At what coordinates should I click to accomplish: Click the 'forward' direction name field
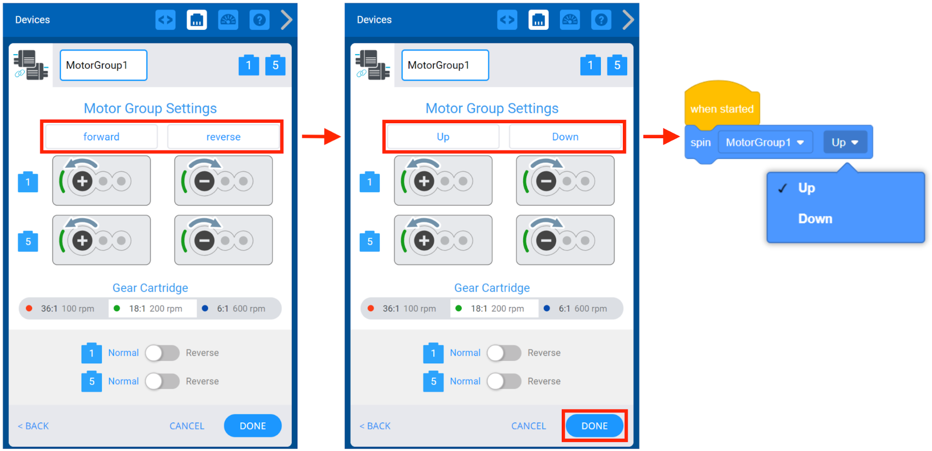click(101, 137)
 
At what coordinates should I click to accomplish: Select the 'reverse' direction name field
click(223, 137)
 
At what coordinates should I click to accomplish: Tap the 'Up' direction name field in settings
click(443, 137)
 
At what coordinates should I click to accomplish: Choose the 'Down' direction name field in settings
click(565, 137)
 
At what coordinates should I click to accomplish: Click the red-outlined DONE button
click(594, 426)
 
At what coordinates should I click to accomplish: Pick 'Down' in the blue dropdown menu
click(815, 218)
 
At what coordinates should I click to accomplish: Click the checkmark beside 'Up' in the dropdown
click(782, 188)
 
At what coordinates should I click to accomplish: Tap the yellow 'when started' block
click(722, 108)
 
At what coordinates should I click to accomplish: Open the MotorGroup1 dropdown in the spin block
click(765, 142)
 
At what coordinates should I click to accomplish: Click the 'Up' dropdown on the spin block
click(845, 142)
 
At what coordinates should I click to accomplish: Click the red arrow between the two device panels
click(321, 136)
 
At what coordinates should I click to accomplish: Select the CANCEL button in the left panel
click(186, 426)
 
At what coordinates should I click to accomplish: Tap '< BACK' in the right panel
click(375, 426)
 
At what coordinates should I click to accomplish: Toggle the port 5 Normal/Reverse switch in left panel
click(162, 381)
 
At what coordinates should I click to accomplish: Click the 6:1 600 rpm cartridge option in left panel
click(240, 309)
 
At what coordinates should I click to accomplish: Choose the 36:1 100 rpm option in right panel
click(404, 309)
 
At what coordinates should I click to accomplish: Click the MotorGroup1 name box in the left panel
click(104, 65)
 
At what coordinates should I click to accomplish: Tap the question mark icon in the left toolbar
click(259, 20)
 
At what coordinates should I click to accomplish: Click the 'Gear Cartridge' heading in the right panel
click(492, 288)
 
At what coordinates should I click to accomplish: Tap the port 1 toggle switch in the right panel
click(504, 353)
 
